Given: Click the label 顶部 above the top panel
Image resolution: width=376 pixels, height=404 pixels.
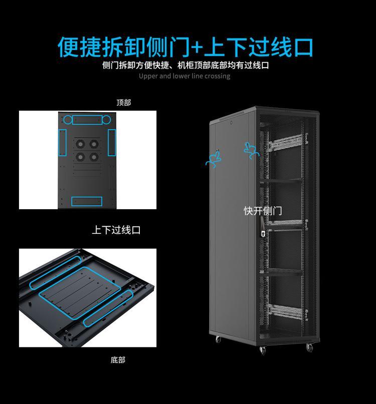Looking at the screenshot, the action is pos(123,103).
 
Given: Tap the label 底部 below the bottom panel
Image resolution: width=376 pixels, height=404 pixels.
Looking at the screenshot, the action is pos(118,360).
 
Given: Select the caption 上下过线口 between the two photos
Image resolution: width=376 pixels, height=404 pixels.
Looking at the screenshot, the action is pos(116,230).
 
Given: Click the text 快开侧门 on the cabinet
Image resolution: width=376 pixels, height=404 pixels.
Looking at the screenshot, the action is pos(263,211).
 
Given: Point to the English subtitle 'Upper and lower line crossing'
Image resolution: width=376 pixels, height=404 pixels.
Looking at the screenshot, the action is pos(184,76).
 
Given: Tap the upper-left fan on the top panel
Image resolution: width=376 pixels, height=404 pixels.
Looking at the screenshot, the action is pos(79,144).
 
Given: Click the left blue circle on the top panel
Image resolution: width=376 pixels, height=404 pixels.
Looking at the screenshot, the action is pos(67,120).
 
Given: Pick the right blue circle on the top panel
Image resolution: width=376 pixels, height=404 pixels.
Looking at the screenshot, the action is pos(106,120).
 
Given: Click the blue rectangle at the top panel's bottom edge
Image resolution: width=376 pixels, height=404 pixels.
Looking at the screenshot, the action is pos(87,201).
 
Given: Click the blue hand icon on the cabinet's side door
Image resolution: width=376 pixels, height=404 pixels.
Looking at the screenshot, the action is pos(214,160).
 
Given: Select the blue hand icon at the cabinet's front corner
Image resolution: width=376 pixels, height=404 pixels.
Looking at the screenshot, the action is pos(251,150).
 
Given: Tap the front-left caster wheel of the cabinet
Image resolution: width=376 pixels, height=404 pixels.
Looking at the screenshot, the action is pos(263,349).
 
